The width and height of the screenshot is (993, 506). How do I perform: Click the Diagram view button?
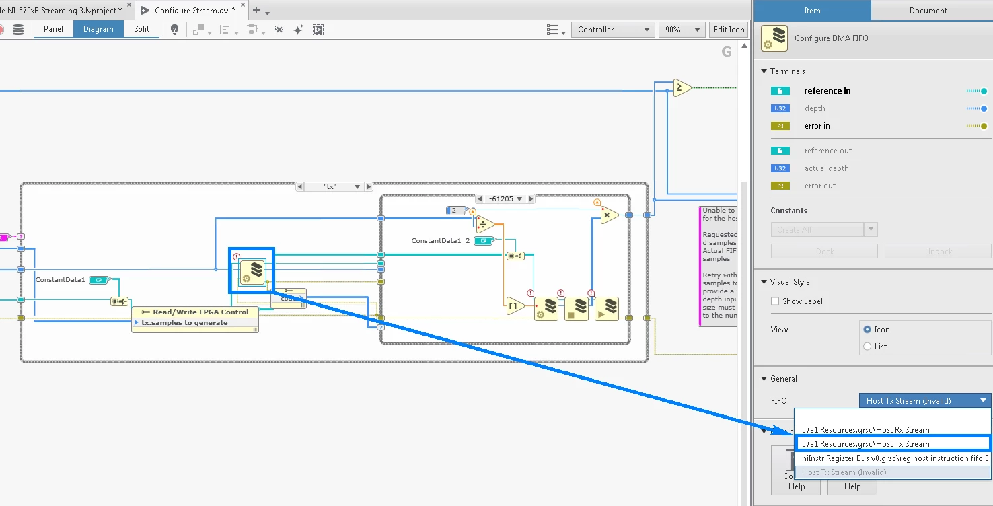tap(98, 29)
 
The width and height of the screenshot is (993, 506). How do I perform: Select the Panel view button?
tap(53, 29)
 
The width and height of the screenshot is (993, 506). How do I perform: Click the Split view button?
tap(141, 29)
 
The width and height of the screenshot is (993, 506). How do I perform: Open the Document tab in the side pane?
tap(928, 10)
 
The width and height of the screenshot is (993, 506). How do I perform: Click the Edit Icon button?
tap(729, 30)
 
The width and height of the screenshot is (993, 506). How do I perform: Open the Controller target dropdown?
tap(613, 30)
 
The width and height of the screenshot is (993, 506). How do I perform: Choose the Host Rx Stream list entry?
tap(865, 430)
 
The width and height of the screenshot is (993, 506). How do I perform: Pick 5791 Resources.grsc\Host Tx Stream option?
tap(865, 444)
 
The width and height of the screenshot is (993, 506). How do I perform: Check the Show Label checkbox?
tap(775, 301)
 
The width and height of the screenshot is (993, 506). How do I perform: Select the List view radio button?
tap(867, 347)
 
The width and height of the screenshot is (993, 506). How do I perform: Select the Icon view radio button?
tap(867, 330)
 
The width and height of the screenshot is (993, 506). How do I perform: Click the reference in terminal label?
tap(827, 91)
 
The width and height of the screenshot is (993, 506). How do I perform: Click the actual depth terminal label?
tap(826, 168)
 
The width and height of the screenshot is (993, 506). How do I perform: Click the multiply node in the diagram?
tap(608, 215)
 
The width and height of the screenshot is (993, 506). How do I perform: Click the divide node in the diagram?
tap(484, 225)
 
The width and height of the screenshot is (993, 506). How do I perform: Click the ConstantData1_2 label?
tap(440, 240)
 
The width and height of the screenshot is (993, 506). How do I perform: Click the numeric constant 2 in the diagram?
tap(454, 211)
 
